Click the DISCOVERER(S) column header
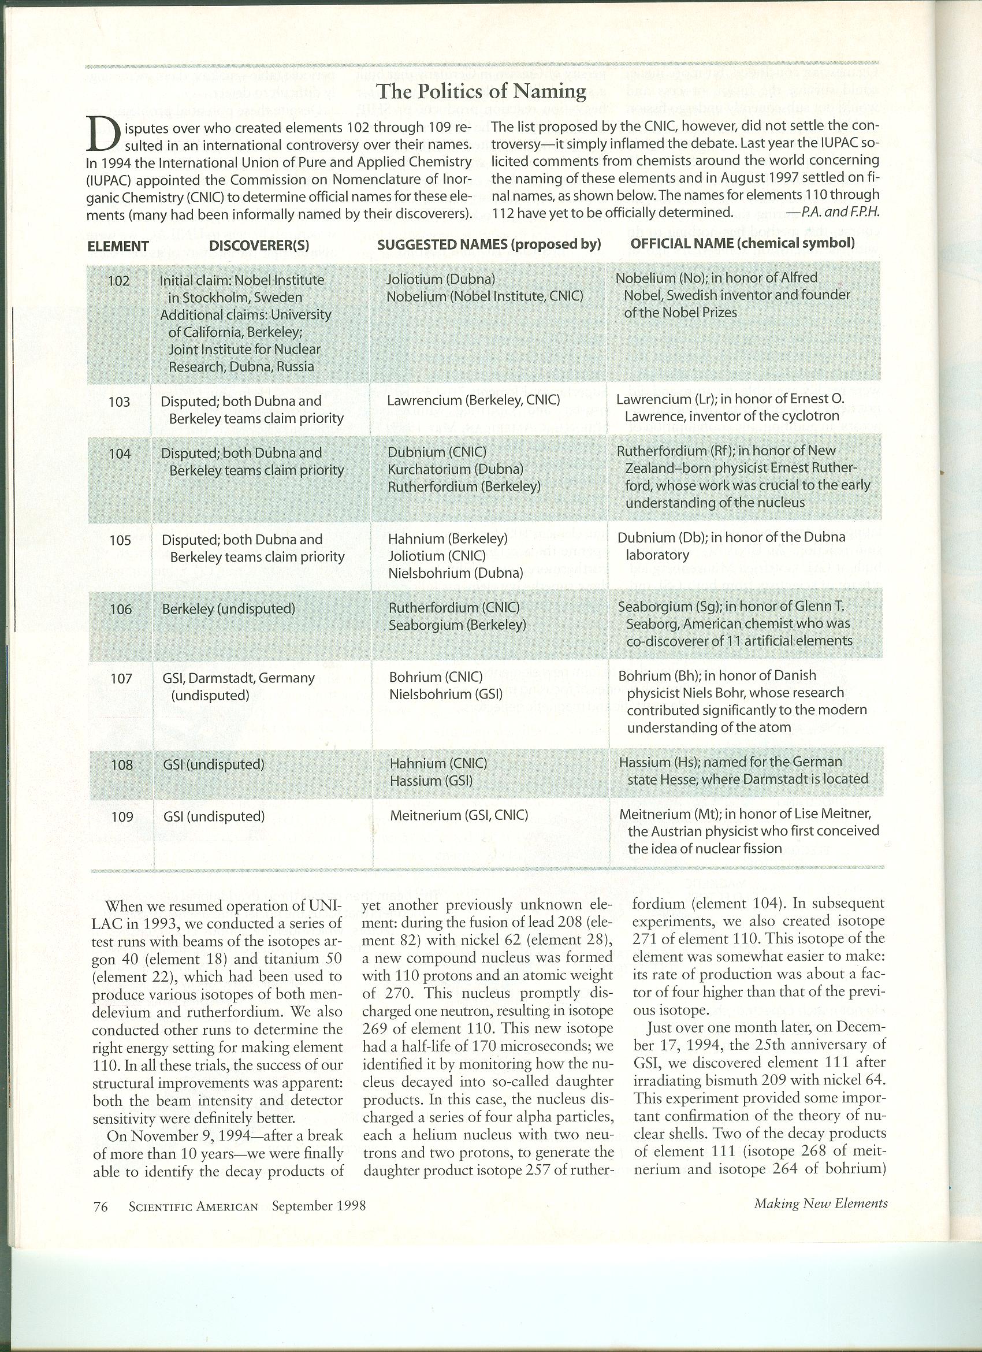coord(259,245)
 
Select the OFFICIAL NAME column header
coord(742,243)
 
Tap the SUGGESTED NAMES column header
coord(489,244)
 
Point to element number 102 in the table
coord(118,280)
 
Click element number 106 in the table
coord(120,608)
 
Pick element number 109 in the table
coord(122,816)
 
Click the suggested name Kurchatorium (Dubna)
coord(455,470)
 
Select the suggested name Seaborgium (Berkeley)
coord(457,625)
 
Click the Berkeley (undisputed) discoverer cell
coord(229,608)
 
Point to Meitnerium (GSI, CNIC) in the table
coord(459,815)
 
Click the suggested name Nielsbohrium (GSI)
coord(446,694)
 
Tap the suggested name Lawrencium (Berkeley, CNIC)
coord(473,400)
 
